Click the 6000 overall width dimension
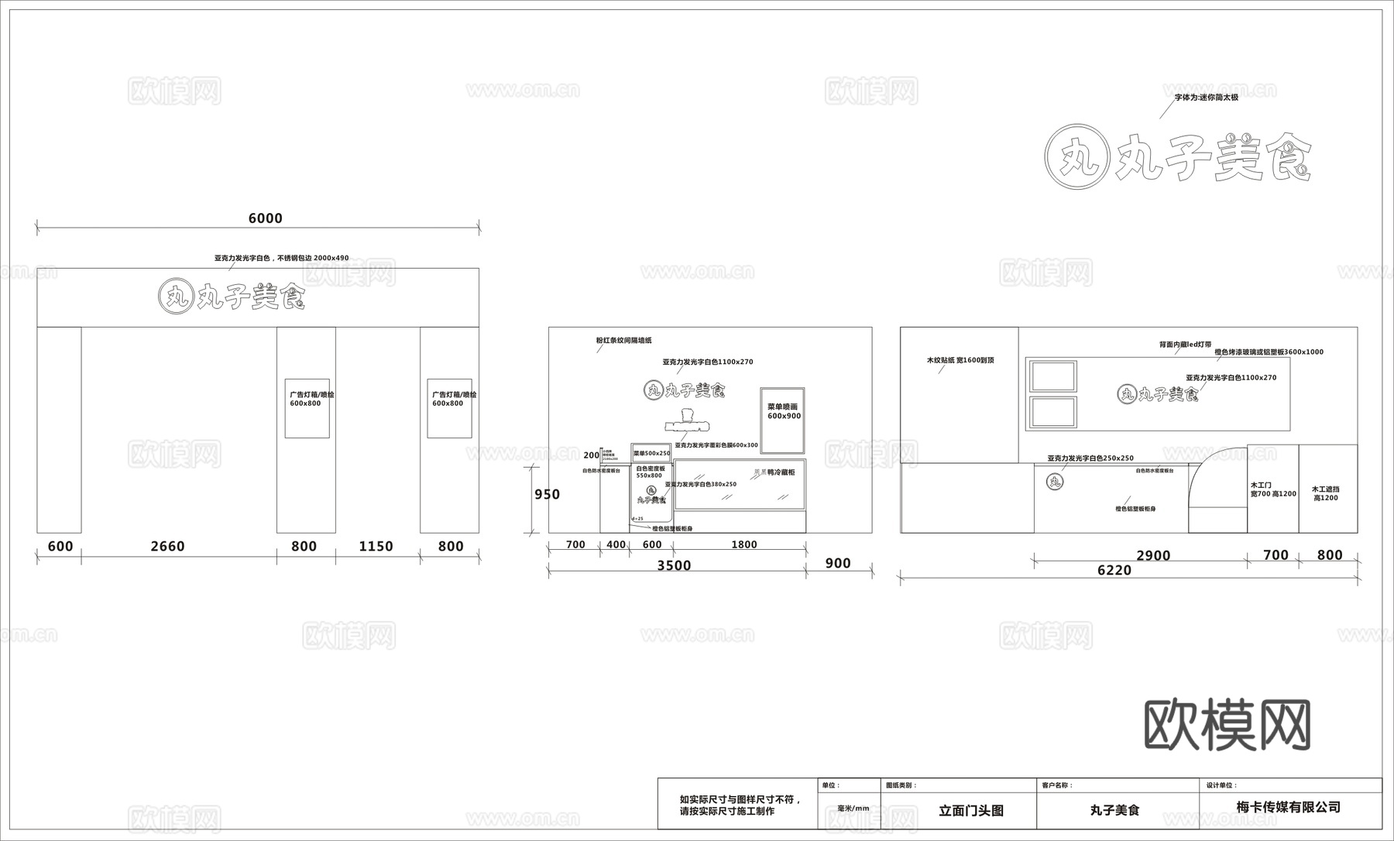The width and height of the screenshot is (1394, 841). (x=265, y=218)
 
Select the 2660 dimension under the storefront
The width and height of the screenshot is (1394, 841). (x=167, y=547)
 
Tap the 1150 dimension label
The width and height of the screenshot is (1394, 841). (x=376, y=547)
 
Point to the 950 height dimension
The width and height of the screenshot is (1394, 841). (x=547, y=495)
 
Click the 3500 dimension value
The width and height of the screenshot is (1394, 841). (x=674, y=566)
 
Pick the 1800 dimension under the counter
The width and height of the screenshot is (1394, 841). (x=743, y=545)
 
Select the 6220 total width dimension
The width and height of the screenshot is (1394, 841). (x=1114, y=571)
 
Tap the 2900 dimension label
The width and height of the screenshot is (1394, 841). (x=1153, y=555)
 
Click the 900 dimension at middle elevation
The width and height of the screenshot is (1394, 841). (x=838, y=564)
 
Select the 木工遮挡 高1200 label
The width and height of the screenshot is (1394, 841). (x=1326, y=493)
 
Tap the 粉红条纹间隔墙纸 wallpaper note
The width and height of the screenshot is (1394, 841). (x=623, y=341)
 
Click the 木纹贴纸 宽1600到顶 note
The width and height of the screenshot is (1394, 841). (x=960, y=360)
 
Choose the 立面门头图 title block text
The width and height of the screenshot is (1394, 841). (x=971, y=811)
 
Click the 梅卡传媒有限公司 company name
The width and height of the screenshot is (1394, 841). (x=1289, y=807)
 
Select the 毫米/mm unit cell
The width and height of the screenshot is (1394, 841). (x=853, y=808)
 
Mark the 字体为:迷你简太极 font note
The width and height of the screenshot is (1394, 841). (x=1206, y=98)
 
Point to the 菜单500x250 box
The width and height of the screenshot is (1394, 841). (x=651, y=454)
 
